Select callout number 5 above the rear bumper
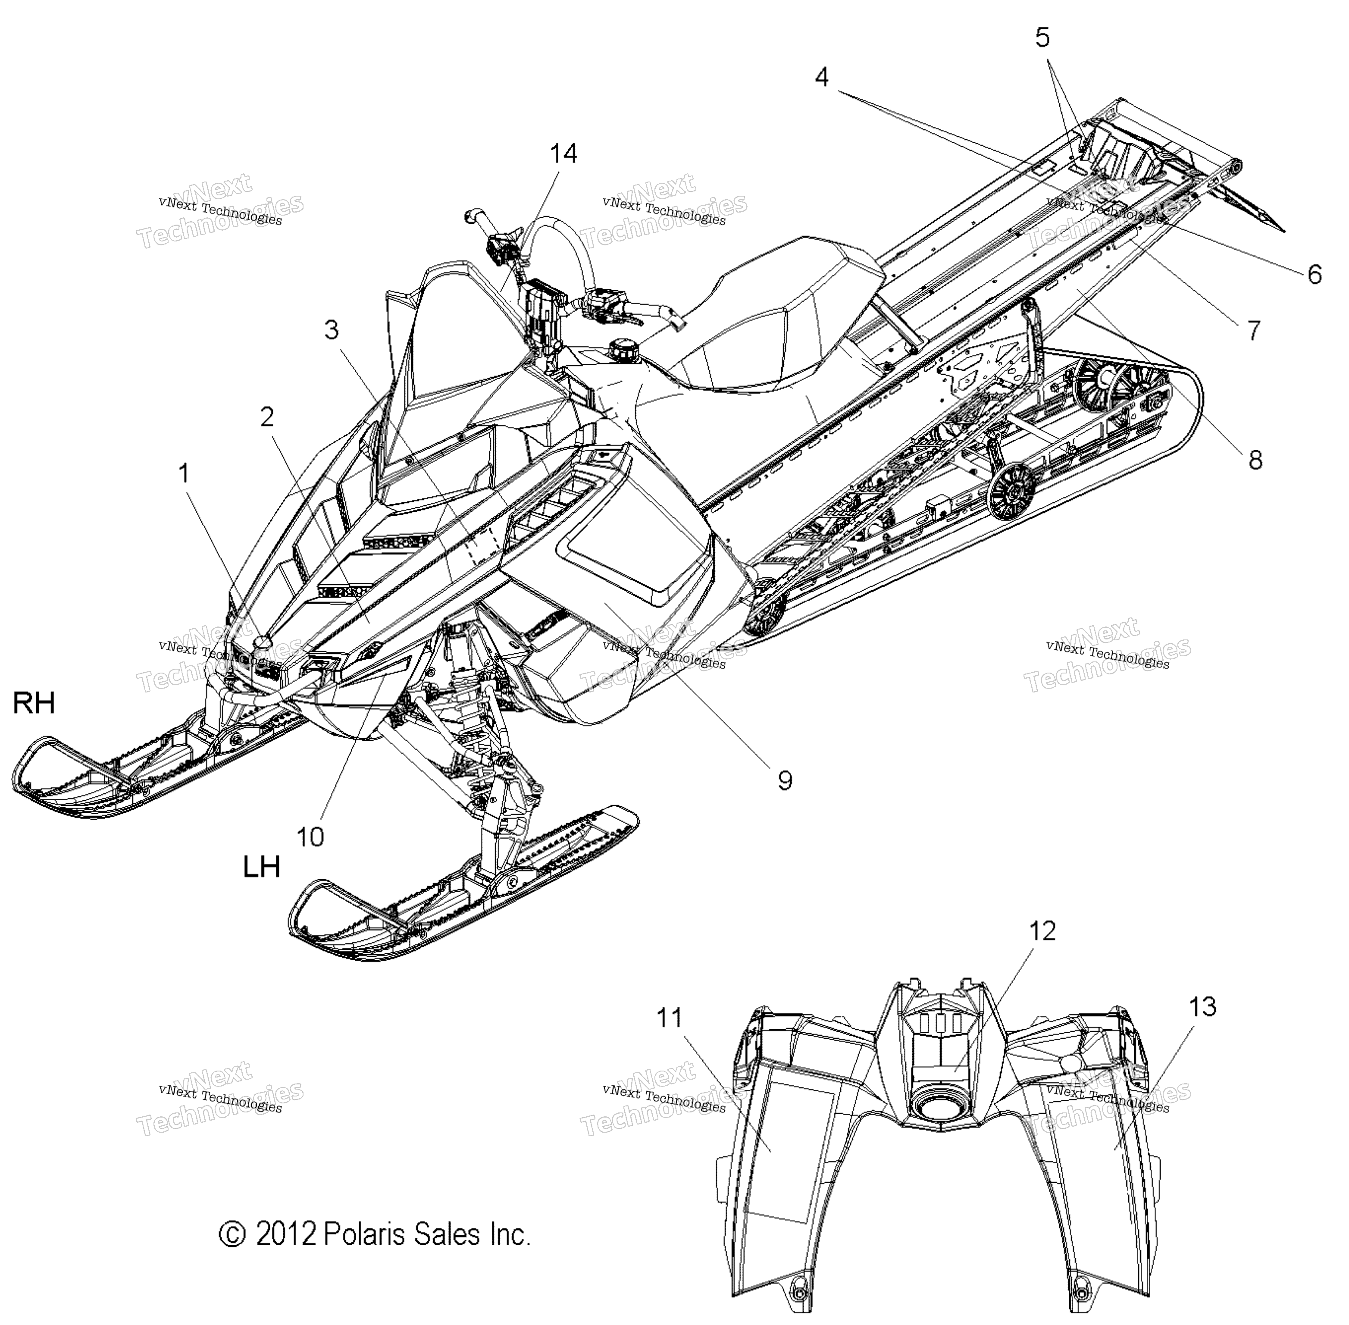(x=1042, y=38)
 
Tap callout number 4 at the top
(x=822, y=77)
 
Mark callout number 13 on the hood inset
(x=1202, y=1007)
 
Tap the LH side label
(x=262, y=867)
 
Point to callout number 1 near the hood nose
(x=184, y=474)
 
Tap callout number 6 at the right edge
(x=1314, y=274)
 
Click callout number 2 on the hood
(x=266, y=417)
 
